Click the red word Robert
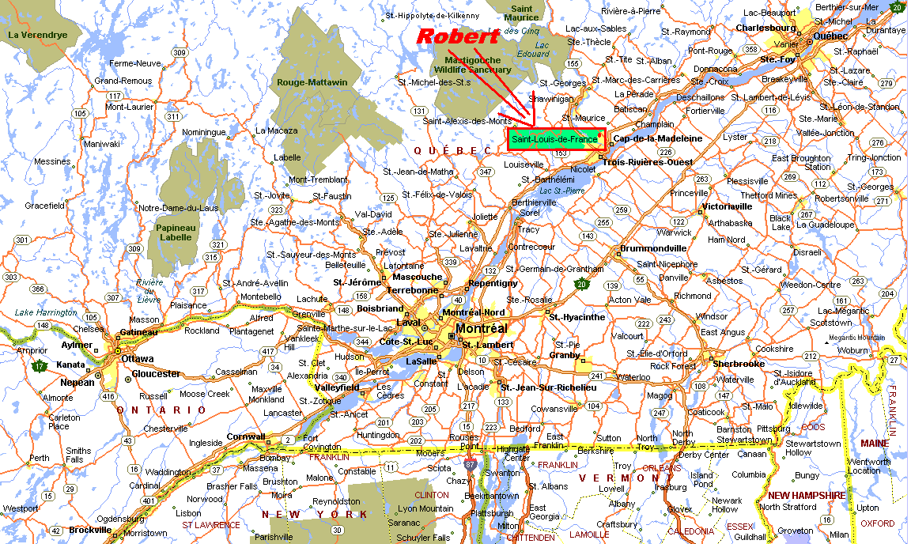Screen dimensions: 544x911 (x=457, y=36)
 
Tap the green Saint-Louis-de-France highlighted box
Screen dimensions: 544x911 (x=556, y=139)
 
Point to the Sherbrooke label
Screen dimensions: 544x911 (x=739, y=364)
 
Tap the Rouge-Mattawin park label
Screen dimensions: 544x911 (x=312, y=82)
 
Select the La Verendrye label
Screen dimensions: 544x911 (x=35, y=35)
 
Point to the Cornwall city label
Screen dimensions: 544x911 (x=245, y=436)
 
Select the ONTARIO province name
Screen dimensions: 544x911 (x=161, y=410)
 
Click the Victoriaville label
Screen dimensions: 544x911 (x=727, y=206)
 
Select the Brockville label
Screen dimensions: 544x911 (x=90, y=530)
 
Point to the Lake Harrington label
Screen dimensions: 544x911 (x=46, y=312)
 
